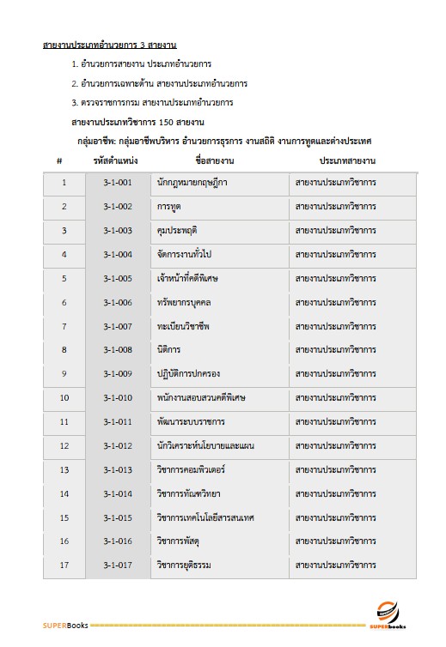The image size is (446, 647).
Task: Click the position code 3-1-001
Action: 118,183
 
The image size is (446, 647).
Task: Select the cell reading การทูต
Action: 169,207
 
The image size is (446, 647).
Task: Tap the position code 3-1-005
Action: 118,278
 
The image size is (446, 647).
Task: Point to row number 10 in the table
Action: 64,397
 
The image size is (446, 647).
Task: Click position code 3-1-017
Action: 118,565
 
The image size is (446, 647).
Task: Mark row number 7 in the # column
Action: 64,326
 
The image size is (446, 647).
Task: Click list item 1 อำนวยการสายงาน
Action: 147,64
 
